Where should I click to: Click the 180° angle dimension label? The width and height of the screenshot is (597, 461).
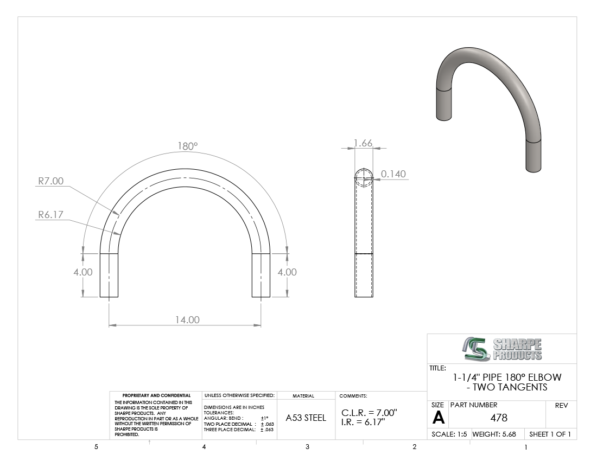tap(188, 146)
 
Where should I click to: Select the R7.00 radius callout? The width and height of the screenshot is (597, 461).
tap(50, 181)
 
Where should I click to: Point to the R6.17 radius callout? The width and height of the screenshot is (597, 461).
tap(50, 215)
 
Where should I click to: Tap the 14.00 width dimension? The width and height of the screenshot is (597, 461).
tap(187, 319)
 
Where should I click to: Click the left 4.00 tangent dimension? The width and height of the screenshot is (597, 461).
tap(83, 272)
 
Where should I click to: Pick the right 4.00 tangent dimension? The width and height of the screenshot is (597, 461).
tap(287, 272)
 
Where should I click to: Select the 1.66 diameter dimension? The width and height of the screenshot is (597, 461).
tap(363, 143)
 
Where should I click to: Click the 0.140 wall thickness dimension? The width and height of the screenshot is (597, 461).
tap(393, 174)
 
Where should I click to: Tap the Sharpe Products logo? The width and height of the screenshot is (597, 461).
tap(502, 349)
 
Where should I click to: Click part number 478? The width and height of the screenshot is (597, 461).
tap(499, 418)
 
